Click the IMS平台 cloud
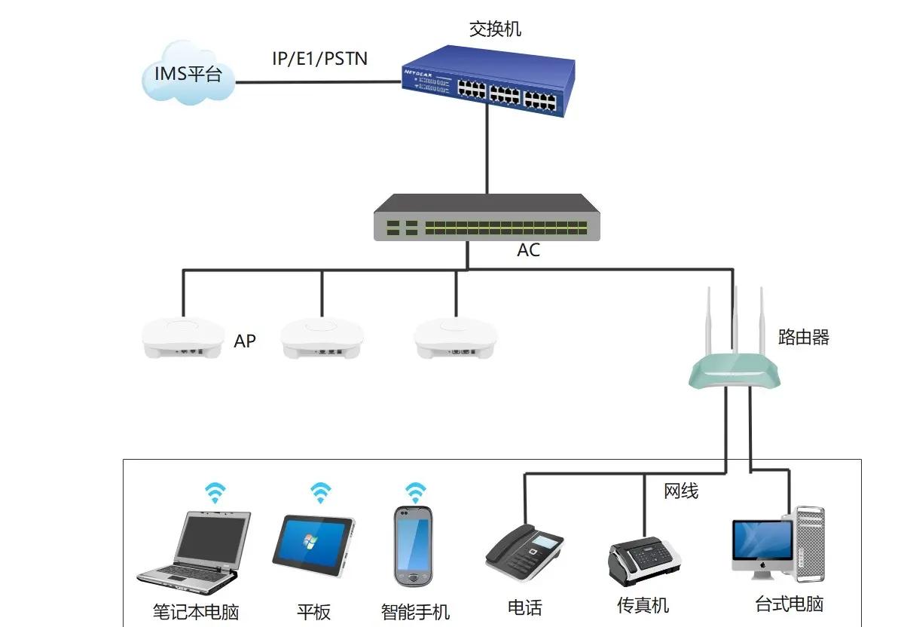point(188,72)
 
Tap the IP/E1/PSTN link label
point(319,58)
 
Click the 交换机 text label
point(495,29)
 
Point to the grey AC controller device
point(487,219)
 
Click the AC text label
point(528,251)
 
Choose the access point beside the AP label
point(184,338)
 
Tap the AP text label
point(245,341)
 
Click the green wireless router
point(735,370)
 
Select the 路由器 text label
point(803,337)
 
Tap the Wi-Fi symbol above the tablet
point(321,493)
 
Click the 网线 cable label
point(681,491)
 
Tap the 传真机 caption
point(643,605)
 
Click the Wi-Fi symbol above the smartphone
point(414,493)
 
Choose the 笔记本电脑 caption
point(195,611)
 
